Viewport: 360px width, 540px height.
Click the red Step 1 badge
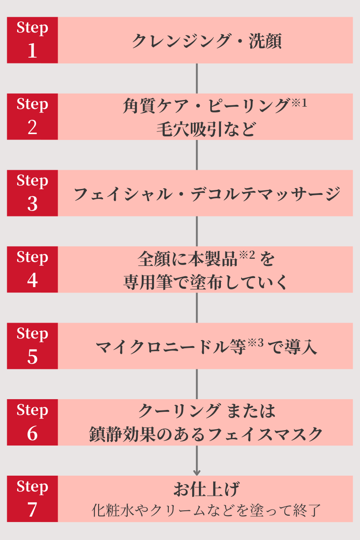pos(32,40)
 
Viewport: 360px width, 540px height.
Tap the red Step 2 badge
pos(32,117)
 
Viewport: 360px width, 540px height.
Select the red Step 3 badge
pos(32,193)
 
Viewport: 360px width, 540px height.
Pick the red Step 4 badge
pos(32,270)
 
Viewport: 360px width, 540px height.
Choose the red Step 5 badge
pos(32,346)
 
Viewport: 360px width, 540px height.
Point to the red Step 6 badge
pos(32,423)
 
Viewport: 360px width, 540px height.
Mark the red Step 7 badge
pos(32,499)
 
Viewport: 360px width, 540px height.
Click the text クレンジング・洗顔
pos(207,41)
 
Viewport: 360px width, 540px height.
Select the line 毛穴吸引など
pos(206,130)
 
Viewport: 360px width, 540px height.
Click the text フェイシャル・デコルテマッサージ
pos(207,194)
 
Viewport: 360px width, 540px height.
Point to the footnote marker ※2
pos(247,256)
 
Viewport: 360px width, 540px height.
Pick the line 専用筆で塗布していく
pos(206,283)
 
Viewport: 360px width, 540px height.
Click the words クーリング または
pos(207,410)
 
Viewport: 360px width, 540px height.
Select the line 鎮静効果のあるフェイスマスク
pos(206,435)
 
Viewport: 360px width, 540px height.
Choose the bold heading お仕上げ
pos(206,489)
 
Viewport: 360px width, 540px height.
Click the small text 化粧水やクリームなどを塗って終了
pos(206,510)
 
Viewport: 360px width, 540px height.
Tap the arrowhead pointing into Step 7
pos(197,472)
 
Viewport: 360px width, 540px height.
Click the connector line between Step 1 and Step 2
pos(197,78)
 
